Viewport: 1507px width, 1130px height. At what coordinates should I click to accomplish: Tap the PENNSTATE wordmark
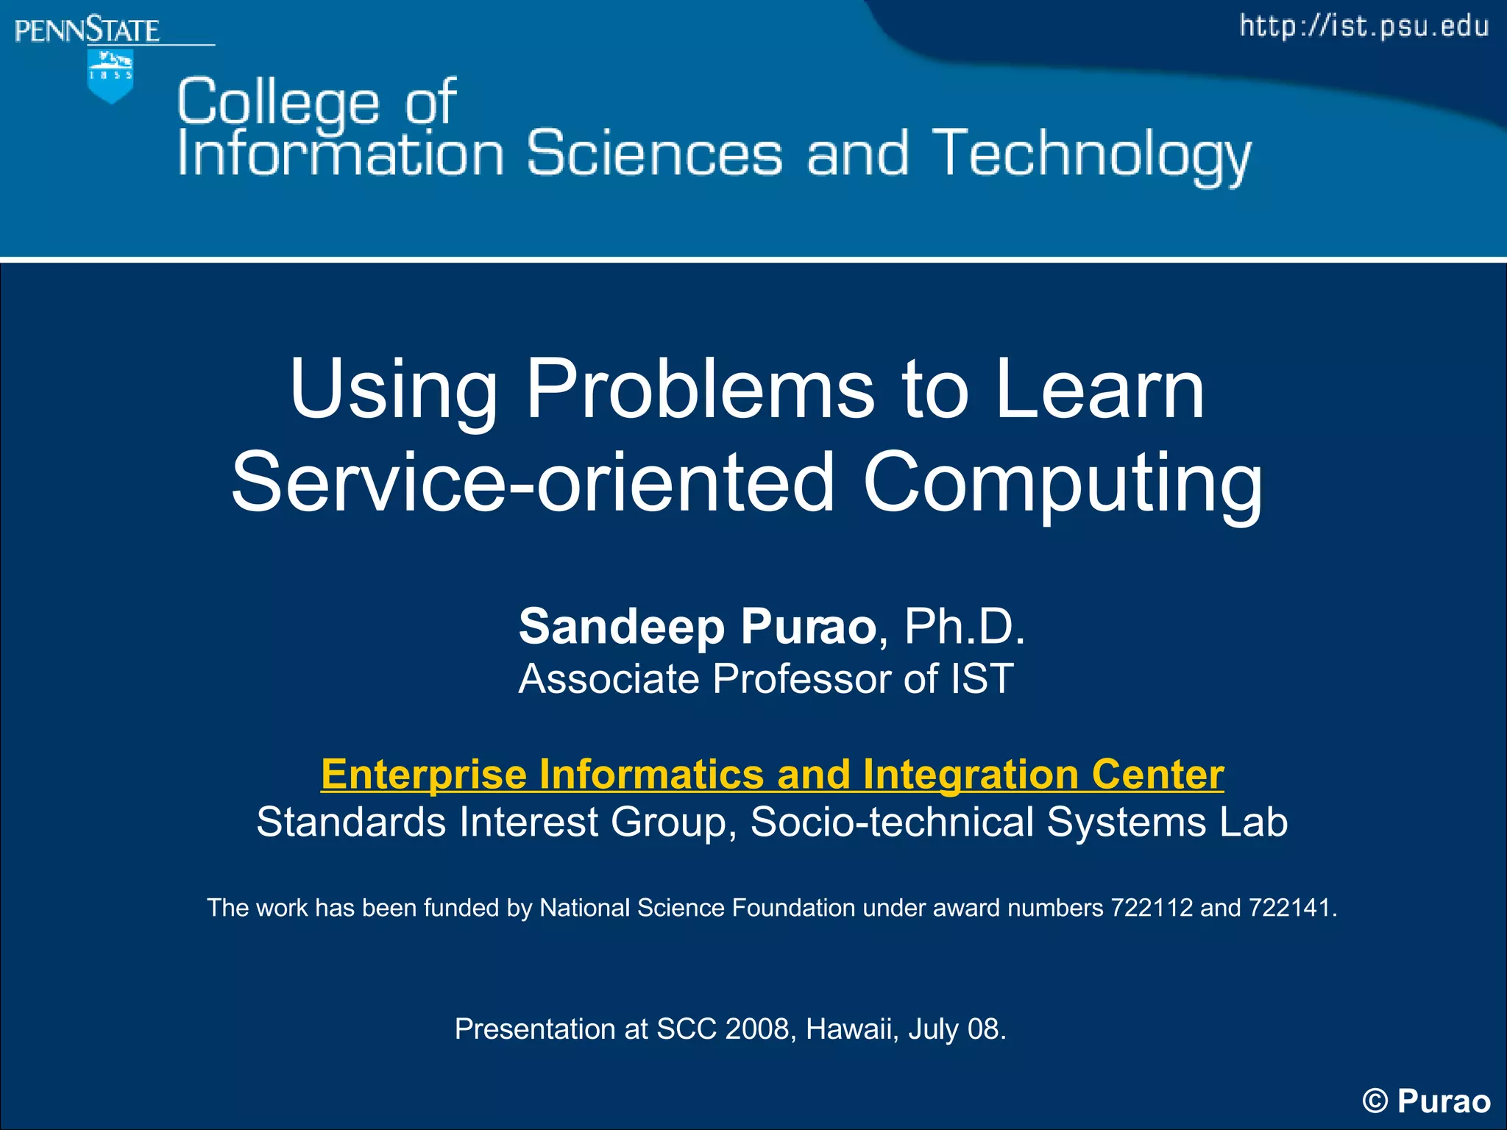pyautogui.click(x=87, y=31)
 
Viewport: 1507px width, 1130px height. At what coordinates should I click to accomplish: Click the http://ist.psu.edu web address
pyautogui.click(x=1364, y=26)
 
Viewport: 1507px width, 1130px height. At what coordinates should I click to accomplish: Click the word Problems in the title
pyautogui.click(x=700, y=390)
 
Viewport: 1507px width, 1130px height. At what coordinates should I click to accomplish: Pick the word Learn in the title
pyautogui.click(x=1099, y=390)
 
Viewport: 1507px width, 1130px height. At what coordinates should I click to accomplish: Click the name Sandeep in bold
pyautogui.click(x=622, y=627)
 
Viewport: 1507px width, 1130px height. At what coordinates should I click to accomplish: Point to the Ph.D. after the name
pyautogui.click(x=964, y=627)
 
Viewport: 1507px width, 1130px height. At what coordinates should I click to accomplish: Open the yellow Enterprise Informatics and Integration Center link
pyautogui.click(x=772, y=775)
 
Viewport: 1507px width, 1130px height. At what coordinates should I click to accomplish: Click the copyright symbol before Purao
pyautogui.click(x=1375, y=1101)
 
